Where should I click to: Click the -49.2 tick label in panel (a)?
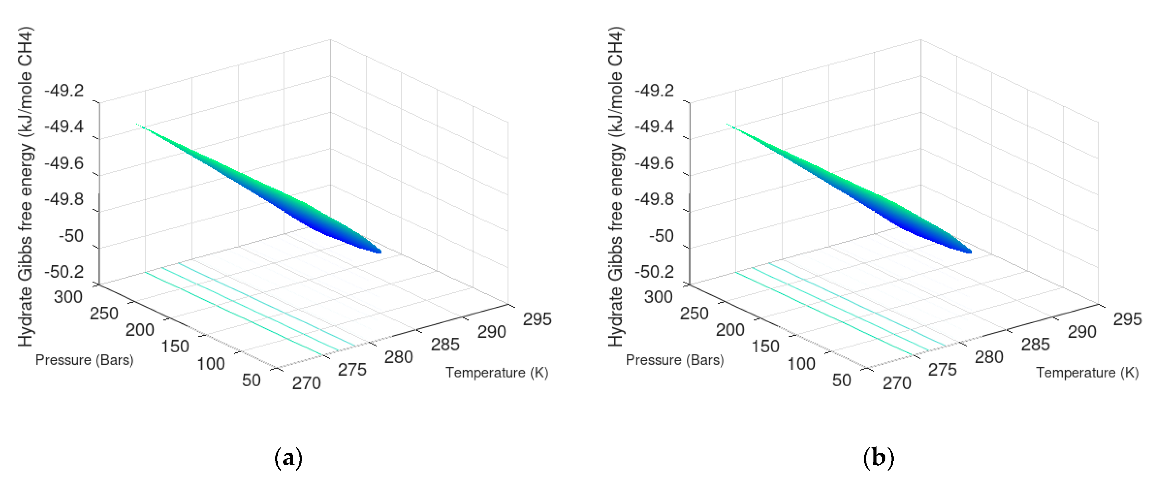tap(64, 91)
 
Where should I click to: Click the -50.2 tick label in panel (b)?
tap(654, 272)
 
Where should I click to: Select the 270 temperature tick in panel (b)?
tap(897, 383)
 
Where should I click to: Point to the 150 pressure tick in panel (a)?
tap(175, 346)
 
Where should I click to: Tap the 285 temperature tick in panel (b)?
tap(1035, 344)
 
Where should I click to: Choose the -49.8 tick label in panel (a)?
tap(64, 199)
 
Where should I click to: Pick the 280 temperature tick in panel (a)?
tap(398, 357)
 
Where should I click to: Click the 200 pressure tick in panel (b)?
tap(730, 330)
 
